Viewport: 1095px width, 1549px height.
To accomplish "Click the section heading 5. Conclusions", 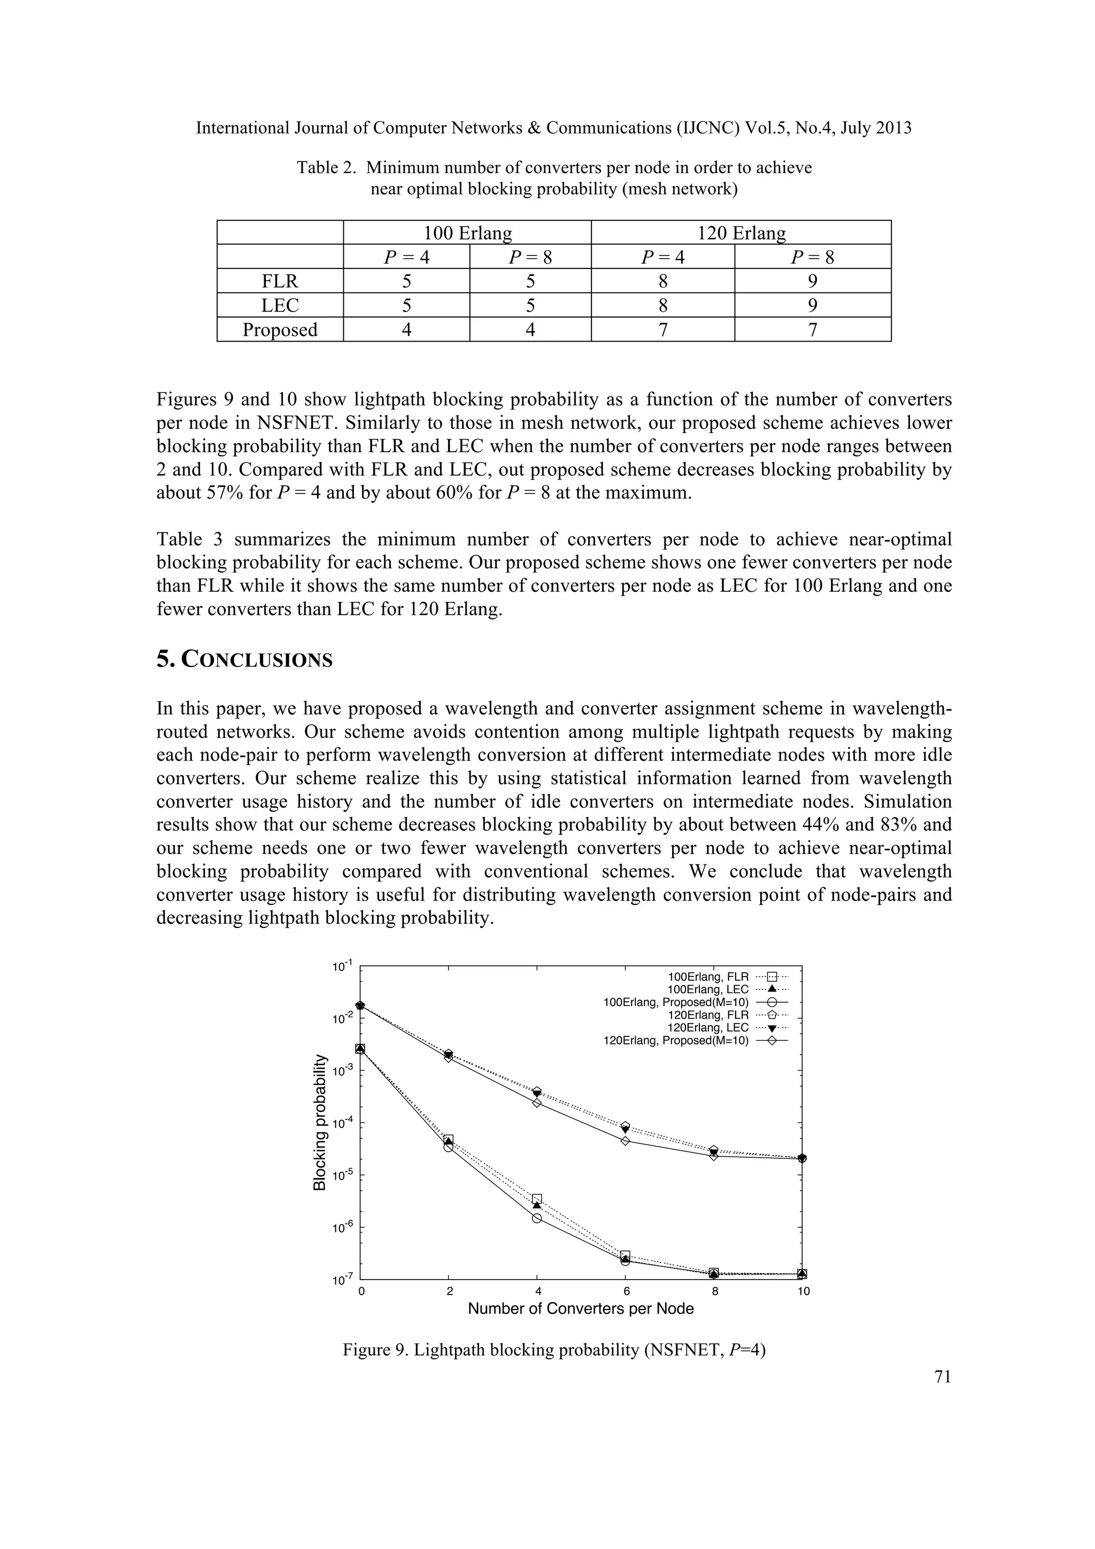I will pos(244,659).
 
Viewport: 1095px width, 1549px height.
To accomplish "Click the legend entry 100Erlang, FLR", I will pos(708,977).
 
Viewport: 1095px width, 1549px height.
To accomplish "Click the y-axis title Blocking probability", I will pos(320,1122).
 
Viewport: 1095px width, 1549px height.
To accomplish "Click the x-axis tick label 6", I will pos(626,1291).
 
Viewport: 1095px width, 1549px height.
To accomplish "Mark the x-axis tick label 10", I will pos(803,1291).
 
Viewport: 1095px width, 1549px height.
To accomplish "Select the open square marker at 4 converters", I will pos(537,1199).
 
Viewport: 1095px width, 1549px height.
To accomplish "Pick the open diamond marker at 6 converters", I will pos(626,1141).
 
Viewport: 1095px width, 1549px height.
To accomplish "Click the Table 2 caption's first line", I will pos(554,167).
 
